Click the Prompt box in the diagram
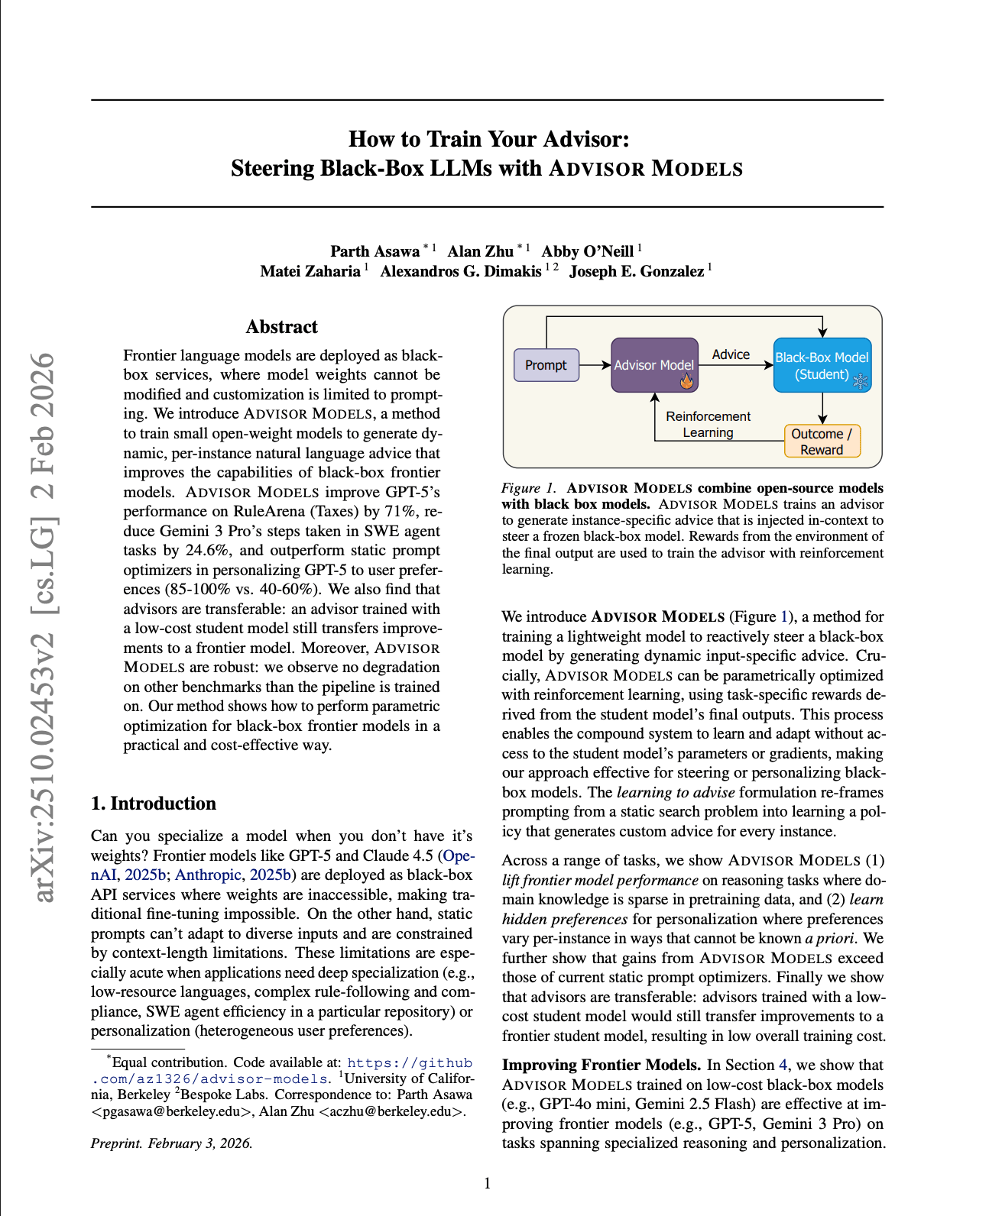[x=546, y=365]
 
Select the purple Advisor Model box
[x=654, y=365]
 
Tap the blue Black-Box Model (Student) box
[x=822, y=365]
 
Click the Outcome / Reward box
[x=822, y=441]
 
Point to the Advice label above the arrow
[x=731, y=354]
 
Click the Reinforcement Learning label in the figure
[x=708, y=424]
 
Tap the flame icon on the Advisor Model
[x=686, y=380]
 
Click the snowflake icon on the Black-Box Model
[x=861, y=380]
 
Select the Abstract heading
[x=281, y=327]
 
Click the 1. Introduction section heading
[x=153, y=804]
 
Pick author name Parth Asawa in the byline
[x=375, y=251]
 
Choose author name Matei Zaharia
[x=310, y=271]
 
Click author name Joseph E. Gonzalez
[x=637, y=271]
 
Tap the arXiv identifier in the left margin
[x=44, y=626]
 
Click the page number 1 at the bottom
[x=488, y=1183]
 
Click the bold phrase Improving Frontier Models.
[x=601, y=1065]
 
